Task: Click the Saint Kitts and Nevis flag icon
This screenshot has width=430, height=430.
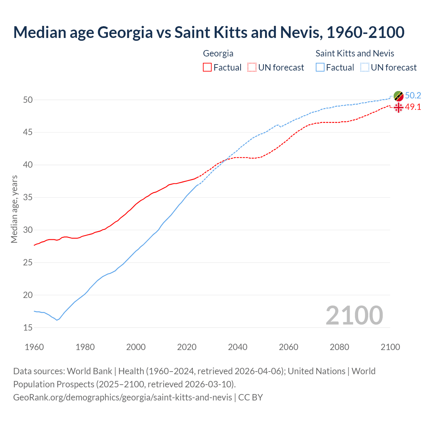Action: (398, 96)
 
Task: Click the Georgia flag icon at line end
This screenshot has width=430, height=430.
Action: (398, 107)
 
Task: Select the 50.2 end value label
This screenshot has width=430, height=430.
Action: (413, 96)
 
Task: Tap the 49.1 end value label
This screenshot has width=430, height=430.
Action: (413, 107)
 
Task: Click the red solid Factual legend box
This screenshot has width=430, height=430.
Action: (207, 68)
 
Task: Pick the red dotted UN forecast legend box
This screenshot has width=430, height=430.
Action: (252, 68)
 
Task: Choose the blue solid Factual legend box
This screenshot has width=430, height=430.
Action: (320, 68)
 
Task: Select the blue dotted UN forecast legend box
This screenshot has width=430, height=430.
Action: (364, 68)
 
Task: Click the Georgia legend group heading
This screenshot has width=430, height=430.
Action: (218, 53)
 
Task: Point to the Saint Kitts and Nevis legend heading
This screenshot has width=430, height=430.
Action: (355, 53)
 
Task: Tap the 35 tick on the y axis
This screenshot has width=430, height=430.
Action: (28, 198)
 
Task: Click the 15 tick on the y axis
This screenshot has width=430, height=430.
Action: (28, 328)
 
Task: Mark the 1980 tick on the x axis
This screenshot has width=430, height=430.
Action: (85, 347)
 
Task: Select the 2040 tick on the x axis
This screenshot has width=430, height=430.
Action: (238, 347)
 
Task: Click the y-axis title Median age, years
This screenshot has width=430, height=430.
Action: (14, 209)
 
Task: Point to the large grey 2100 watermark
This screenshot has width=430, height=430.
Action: (354, 315)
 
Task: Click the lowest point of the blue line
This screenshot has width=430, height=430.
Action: (57, 320)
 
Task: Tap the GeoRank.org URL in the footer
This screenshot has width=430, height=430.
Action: (123, 397)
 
